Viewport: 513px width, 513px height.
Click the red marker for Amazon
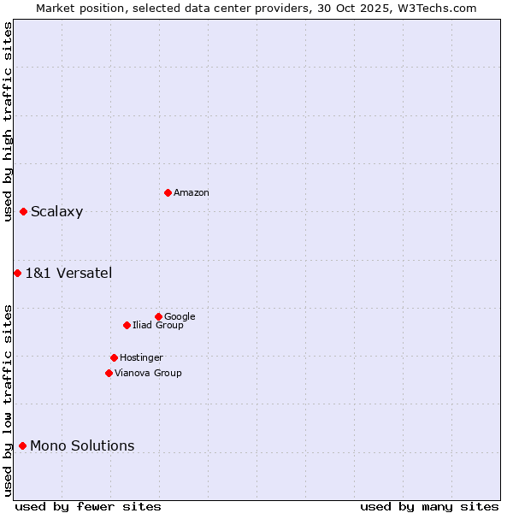168,192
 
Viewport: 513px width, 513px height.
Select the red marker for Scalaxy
23,211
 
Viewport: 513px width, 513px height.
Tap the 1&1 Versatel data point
17,273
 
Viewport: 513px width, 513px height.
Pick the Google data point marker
158,316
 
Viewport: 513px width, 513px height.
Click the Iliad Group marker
127,325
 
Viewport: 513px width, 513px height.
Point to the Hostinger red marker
114,357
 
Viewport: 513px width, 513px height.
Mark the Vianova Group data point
109,373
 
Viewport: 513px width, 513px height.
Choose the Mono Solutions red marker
22,445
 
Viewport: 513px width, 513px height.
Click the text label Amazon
192,193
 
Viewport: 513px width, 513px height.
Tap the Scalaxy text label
56,212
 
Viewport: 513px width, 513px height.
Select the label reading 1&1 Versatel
68,274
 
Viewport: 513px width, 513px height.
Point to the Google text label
180,317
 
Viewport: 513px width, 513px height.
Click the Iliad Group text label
158,326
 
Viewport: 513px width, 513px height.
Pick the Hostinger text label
141,358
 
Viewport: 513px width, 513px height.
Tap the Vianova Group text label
148,374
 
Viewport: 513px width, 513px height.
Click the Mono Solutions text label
82,446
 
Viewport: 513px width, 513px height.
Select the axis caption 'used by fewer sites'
88,506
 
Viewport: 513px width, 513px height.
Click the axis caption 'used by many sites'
429,506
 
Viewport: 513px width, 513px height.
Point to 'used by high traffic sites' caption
8,122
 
